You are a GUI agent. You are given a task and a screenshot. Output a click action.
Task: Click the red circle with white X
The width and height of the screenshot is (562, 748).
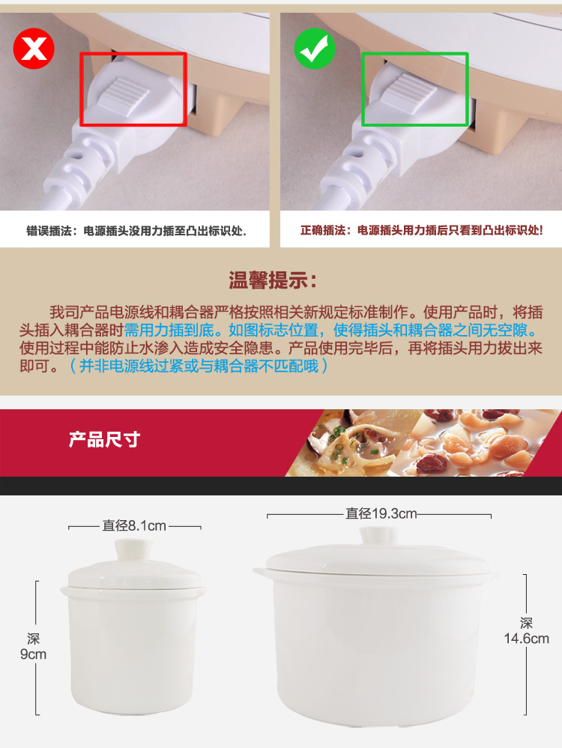[34, 48]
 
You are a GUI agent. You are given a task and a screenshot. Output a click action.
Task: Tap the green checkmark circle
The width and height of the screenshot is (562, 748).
[315, 49]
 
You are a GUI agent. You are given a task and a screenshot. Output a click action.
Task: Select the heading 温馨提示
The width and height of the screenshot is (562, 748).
[273, 280]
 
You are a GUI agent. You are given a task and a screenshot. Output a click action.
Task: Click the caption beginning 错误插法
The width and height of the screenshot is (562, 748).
[136, 231]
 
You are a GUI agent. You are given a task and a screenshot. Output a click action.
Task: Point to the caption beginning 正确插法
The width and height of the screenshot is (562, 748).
[422, 230]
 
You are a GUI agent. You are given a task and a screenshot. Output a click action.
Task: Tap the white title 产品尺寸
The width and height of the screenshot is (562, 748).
[104, 439]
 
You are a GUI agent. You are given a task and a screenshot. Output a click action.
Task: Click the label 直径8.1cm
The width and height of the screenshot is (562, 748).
[135, 525]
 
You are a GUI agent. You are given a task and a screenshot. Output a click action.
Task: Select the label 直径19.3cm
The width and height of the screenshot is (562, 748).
[381, 513]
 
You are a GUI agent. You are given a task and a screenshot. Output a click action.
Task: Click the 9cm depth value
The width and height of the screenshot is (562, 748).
[34, 654]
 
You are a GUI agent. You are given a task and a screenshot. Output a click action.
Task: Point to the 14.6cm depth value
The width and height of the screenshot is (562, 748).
[527, 639]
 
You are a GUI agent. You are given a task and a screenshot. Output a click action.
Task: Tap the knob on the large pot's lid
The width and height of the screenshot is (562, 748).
[379, 536]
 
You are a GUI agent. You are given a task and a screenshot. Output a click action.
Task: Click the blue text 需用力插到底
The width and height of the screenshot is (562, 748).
[169, 330]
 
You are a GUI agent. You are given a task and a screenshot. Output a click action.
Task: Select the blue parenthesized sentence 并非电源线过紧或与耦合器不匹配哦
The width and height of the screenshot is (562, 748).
[199, 366]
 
